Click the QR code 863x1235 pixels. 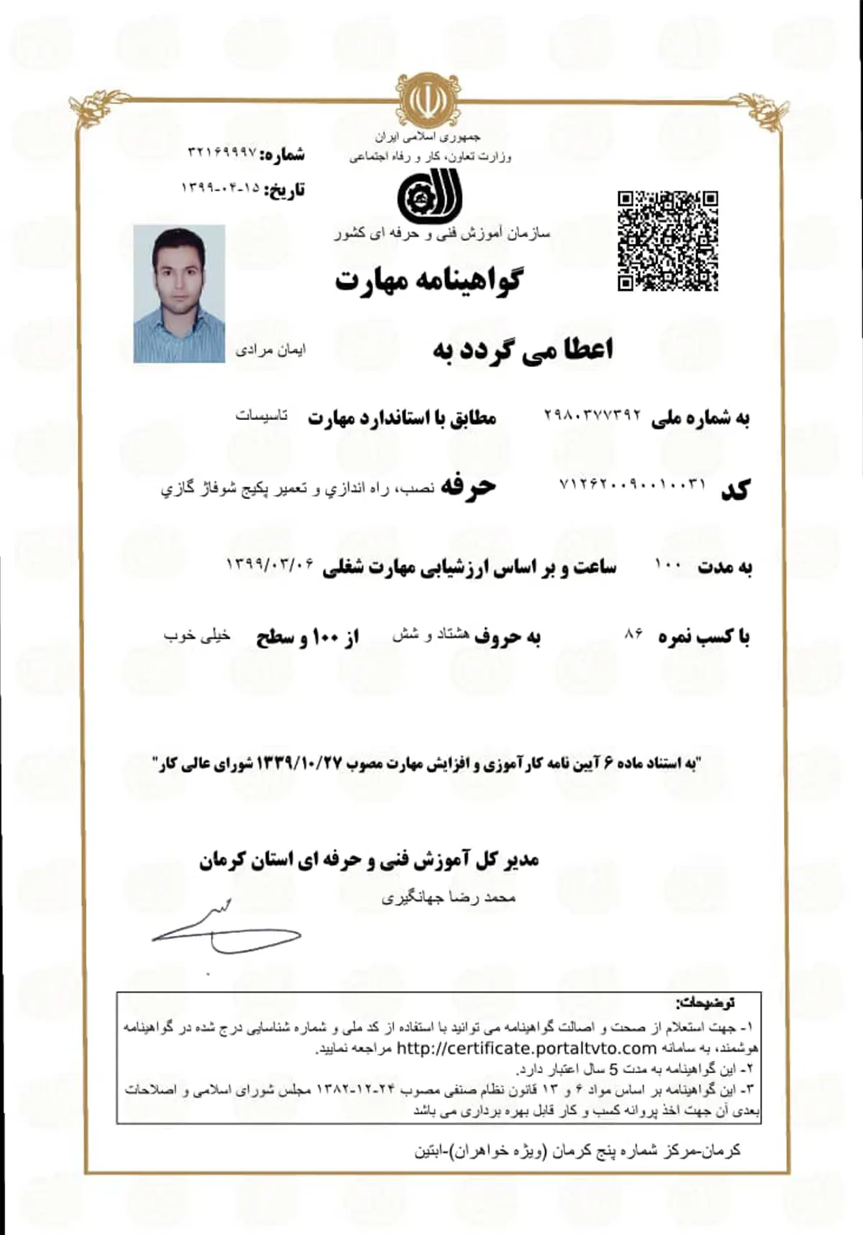click(x=667, y=241)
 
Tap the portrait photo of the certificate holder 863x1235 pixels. click(x=179, y=293)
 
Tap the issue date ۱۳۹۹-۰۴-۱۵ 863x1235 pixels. click(x=219, y=188)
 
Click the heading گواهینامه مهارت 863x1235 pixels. click(x=429, y=279)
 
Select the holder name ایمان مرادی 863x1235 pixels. click(x=270, y=350)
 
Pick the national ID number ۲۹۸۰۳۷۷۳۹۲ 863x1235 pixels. click(x=592, y=415)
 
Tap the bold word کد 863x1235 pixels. click(x=735, y=490)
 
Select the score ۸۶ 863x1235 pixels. click(x=634, y=634)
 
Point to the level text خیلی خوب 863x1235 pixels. click(x=196, y=635)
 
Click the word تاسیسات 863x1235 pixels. click(x=262, y=416)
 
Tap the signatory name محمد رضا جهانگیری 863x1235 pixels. click(x=449, y=898)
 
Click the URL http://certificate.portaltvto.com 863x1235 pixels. click(x=526, y=1048)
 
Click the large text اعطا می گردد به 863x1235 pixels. click(x=523, y=350)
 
